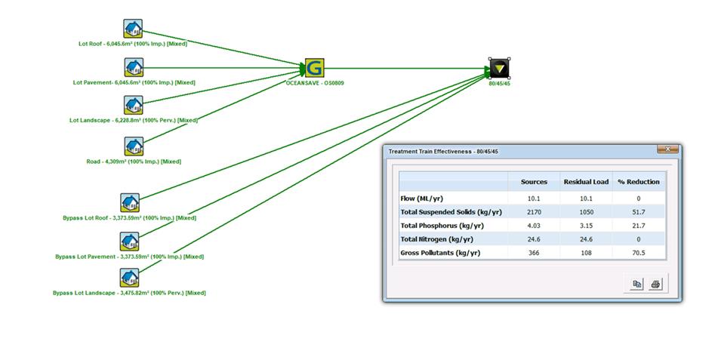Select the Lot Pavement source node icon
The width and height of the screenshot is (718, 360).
click(x=133, y=68)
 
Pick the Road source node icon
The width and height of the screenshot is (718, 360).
click(x=134, y=146)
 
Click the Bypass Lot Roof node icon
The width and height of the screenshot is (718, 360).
click(x=130, y=203)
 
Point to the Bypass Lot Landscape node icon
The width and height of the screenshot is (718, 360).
click(x=130, y=278)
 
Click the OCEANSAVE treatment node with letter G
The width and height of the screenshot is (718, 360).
click(x=315, y=68)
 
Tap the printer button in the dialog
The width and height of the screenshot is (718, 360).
click(x=655, y=284)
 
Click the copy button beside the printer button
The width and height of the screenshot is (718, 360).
click(x=636, y=284)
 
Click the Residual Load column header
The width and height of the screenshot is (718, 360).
click(x=585, y=182)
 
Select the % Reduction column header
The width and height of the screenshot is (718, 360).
click(x=638, y=182)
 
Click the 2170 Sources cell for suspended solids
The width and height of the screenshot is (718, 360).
click(x=534, y=211)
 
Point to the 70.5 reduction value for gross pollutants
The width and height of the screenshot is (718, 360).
click(x=638, y=252)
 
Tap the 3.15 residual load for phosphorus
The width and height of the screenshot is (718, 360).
click(x=585, y=225)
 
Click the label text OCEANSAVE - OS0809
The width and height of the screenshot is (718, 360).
click(x=313, y=83)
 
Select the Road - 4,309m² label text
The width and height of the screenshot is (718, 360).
click(x=134, y=162)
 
